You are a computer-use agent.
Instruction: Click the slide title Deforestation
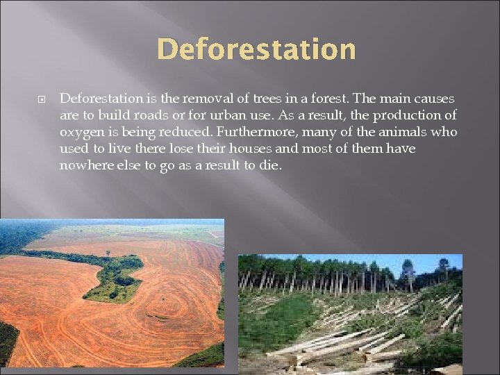(256, 50)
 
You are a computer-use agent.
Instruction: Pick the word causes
(435, 99)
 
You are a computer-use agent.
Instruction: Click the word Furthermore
(249, 132)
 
